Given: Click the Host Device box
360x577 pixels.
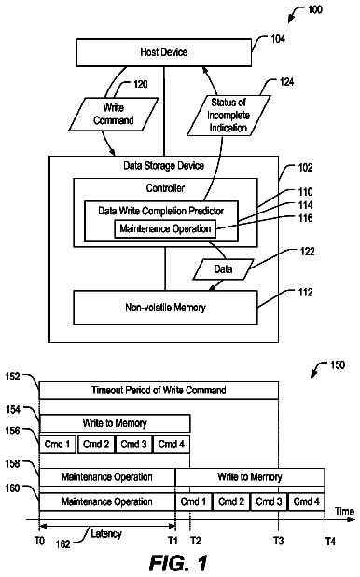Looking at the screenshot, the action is pos(164,52).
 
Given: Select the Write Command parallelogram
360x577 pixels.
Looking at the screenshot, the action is pos(114,114).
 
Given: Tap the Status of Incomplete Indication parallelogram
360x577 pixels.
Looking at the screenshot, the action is pos(228,116).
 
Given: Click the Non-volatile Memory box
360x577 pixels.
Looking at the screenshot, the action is pos(165,308).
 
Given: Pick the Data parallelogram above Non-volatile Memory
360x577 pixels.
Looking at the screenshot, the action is pos(223,269).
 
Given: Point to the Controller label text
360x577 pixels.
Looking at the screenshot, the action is pos(165,188).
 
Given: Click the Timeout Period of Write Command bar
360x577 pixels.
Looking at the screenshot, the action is pos(159,391).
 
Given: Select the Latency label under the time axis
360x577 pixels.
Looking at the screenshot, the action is pos(106,533).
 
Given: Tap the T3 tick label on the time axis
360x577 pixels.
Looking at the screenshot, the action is pos(278,541).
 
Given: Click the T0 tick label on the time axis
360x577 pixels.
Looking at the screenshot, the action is pos(39,541).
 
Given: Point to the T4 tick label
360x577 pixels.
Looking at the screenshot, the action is pos(330,542).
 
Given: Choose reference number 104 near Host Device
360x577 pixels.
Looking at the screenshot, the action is pos(278,39).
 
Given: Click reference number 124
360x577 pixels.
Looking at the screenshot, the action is pos(286,82).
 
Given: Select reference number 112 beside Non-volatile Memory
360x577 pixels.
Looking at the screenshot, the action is pos(306,292).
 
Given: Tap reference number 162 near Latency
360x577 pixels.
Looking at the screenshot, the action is pos(62,543).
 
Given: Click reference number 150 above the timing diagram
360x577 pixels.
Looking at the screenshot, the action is pos(338,365).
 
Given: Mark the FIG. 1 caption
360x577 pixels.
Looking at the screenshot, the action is pos(178,563).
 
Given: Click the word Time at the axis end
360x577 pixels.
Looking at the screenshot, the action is pos(344,512).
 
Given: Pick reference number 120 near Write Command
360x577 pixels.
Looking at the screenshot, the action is pos(140,84).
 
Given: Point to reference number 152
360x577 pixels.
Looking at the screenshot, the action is pos(13,377).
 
